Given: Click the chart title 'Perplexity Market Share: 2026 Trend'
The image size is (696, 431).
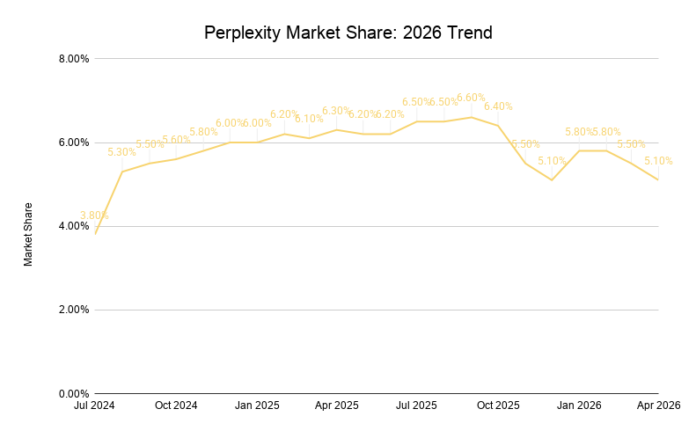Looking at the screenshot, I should (x=348, y=33).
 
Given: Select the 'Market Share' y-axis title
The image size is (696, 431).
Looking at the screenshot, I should (x=28, y=234).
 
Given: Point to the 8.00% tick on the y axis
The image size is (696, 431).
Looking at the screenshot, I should (x=72, y=59).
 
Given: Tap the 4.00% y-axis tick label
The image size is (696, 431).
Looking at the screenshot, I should (x=72, y=226).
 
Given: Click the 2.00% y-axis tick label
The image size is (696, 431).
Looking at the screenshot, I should (x=72, y=310).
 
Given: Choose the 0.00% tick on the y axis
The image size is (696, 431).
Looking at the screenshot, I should (x=72, y=393).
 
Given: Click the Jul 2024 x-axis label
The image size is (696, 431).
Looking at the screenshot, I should (x=95, y=406).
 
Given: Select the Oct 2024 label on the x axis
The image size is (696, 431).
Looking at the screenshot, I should (x=176, y=406).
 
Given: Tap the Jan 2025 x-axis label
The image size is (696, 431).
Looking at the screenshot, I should (x=257, y=406).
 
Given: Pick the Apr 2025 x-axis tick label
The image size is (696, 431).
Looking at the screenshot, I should (x=336, y=406).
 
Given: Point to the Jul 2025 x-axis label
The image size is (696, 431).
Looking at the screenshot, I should (x=416, y=406).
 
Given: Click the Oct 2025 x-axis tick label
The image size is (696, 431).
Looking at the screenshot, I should (x=498, y=406).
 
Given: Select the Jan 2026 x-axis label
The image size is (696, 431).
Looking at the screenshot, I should (x=579, y=406).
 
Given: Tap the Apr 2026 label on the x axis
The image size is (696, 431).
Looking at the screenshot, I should (x=658, y=406).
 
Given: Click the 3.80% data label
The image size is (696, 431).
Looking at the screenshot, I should (x=94, y=215).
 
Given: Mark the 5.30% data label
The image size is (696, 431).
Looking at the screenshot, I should (x=121, y=152).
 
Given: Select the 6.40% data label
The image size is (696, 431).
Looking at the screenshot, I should (x=498, y=106).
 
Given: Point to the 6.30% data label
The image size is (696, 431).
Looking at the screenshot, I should (x=336, y=111).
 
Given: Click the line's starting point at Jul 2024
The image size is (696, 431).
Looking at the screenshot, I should (x=95, y=234).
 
